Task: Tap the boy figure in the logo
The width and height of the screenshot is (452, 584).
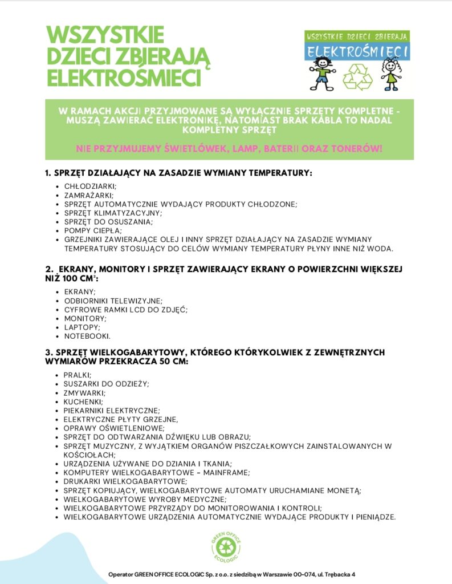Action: click(323, 74)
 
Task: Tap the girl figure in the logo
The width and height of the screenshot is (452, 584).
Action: click(392, 74)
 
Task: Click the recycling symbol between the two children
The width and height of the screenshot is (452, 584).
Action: click(357, 77)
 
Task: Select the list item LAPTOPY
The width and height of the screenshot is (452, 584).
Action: click(83, 327)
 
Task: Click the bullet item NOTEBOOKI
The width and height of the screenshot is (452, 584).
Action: click(87, 336)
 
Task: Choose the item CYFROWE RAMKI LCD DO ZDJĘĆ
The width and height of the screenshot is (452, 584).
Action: click(126, 309)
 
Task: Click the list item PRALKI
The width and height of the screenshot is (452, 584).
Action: click(78, 375)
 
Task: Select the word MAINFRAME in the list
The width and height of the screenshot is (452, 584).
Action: click(212, 472)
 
